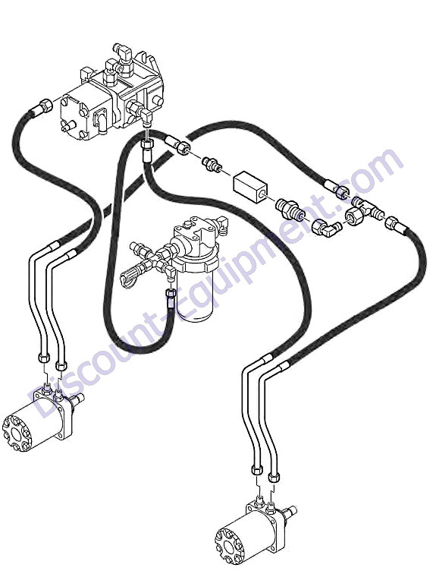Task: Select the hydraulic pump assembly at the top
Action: coord(111,93)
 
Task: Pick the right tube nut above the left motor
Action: coord(61,364)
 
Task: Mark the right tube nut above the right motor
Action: coord(274,477)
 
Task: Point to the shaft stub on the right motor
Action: coord(291,511)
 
